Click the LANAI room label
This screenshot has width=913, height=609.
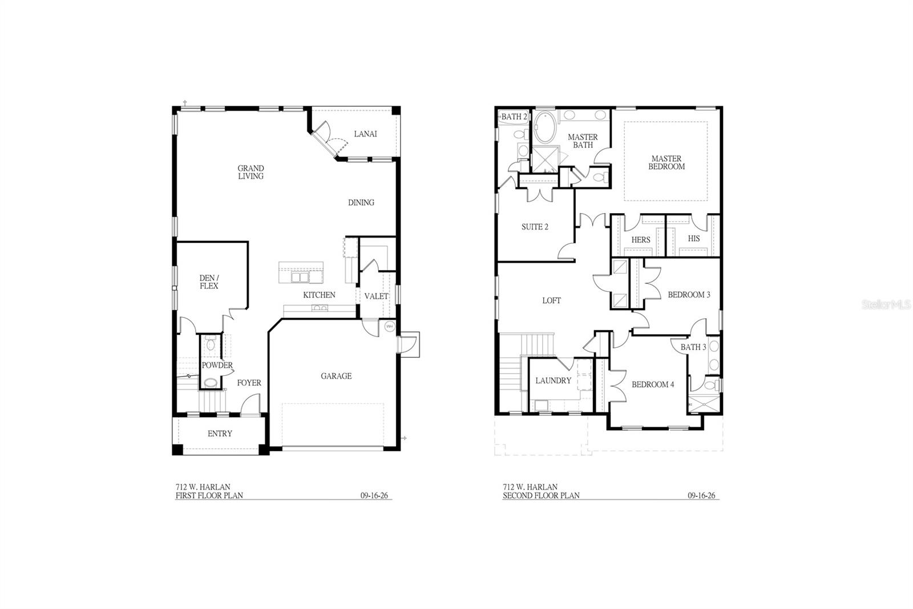coord(365,134)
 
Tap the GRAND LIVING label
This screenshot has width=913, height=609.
coord(251,172)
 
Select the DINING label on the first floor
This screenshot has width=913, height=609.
coord(361,202)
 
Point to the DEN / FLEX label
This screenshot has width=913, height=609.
coord(209,282)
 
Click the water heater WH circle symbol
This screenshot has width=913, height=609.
coord(390,326)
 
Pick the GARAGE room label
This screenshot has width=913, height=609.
coord(336,376)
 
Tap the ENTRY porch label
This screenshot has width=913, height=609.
coord(220,434)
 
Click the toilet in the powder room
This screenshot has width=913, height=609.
coord(211,343)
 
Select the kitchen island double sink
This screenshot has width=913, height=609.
coord(300,277)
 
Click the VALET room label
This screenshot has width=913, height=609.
coord(376,297)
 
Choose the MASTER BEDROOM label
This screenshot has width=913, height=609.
coord(666,162)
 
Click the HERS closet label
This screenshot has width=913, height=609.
coord(641,240)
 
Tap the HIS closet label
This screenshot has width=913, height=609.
coord(693,238)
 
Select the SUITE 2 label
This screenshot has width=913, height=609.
coord(535,227)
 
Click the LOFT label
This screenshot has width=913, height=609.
coord(551,301)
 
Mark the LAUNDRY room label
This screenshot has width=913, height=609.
coord(553,381)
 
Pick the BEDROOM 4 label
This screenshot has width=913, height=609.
coord(653,384)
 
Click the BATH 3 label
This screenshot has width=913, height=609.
coord(693,347)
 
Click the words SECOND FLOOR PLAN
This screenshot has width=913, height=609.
coord(541,495)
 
